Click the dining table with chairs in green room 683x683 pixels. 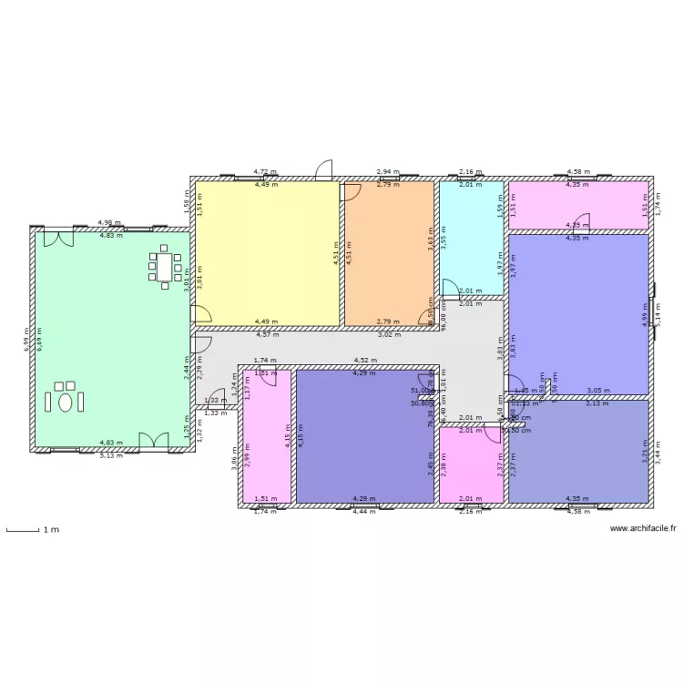[x=164, y=267]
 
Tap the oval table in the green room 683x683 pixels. [x=65, y=400]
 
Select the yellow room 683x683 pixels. [x=267, y=252]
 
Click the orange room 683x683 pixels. [x=388, y=252]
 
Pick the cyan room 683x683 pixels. [x=471, y=237]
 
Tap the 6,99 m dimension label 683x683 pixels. [x=25, y=339]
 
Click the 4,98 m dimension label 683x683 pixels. [x=109, y=223]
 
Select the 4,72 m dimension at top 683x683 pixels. [x=264, y=171]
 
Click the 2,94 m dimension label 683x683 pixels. [x=389, y=171]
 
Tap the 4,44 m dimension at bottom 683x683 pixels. [x=364, y=511]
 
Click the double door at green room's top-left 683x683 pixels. [x=59, y=238]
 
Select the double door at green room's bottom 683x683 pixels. [x=154, y=442]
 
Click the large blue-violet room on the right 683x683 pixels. [x=578, y=314]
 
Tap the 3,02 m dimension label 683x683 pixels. [x=389, y=334]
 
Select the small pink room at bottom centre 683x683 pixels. [x=471, y=464]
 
